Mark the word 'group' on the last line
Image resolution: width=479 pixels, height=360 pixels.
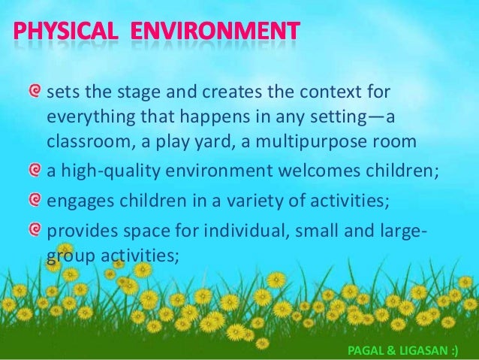67,256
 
